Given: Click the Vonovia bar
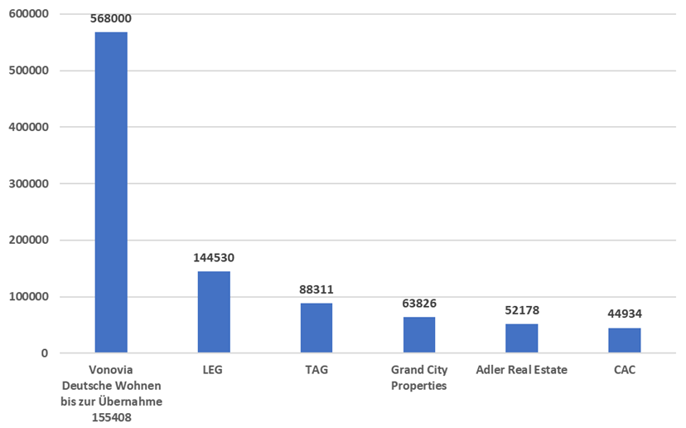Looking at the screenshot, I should click(x=111, y=192).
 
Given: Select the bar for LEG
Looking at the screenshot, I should click(x=214, y=312).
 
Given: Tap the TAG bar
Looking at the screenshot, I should click(x=316, y=328).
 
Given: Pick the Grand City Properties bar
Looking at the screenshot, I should click(x=419, y=334).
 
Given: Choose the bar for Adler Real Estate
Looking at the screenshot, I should click(x=522, y=338).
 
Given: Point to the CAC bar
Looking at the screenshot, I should click(x=625, y=340).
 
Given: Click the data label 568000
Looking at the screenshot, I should click(x=111, y=18).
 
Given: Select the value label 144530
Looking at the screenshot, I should click(x=214, y=258).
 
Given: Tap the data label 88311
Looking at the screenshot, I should click(x=316, y=289).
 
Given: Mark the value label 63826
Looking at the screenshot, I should click(x=419, y=304).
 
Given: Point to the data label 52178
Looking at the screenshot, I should click(x=522, y=310).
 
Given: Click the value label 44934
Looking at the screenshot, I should click(x=625, y=314).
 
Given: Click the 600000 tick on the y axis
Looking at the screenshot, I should click(x=29, y=14).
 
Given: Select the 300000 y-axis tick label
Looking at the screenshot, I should click(x=29, y=183).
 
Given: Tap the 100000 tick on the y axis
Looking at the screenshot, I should click(x=29, y=297).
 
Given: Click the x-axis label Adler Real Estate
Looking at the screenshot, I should click(x=522, y=370).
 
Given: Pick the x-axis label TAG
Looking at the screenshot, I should click(x=316, y=370).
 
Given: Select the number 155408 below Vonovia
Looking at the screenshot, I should click(x=111, y=417).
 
